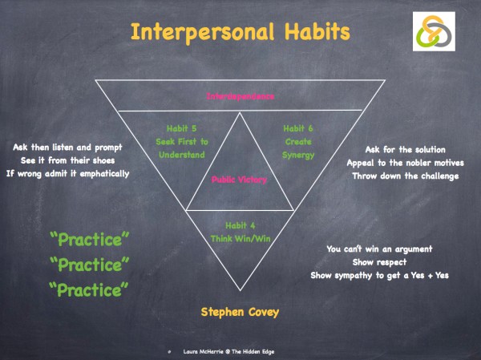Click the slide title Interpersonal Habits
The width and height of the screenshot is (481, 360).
(240, 33)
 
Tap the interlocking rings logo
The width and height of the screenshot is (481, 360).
(436, 33)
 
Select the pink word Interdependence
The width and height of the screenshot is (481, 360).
(240, 96)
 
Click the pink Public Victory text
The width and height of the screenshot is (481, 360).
(240, 180)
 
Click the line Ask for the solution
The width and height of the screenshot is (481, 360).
(405, 150)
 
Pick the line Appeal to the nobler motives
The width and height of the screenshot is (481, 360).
(405, 163)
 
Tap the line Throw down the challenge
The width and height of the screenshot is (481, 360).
(405, 176)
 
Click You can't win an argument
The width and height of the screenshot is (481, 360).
(376, 249)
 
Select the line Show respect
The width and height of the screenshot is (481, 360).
(376, 262)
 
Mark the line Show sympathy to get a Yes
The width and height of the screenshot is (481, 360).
(376, 275)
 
